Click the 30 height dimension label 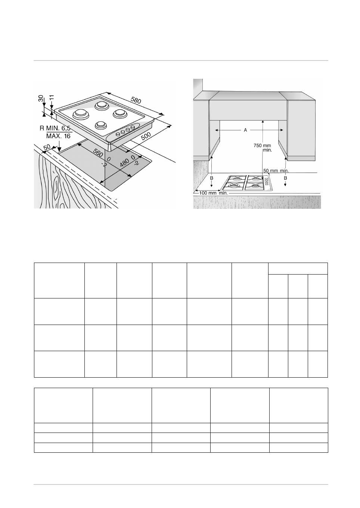pyautogui.click(x=41, y=98)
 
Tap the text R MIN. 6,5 pyautogui.click(x=55, y=128)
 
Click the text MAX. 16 pyautogui.click(x=58, y=136)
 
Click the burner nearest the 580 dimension pyautogui.click(x=101, y=106)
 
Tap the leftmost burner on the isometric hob pyautogui.click(x=80, y=113)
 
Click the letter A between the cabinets pyautogui.click(x=245, y=130)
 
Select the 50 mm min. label pyautogui.click(x=276, y=171)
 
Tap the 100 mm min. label pyautogui.click(x=214, y=193)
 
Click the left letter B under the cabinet pyautogui.click(x=211, y=179)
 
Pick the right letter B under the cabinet pyautogui.click(x=285, y=179)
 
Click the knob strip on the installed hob pyautogui.click(x=267, y=182)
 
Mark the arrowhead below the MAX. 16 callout pyautogui.click(x=60, y=148)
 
